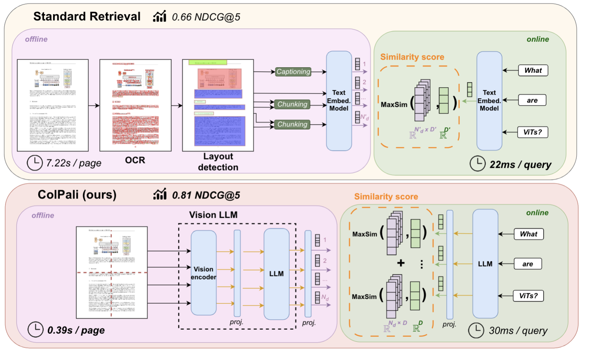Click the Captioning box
pos(293,72)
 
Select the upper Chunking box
pos(292,104)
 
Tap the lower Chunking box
pos(292,124)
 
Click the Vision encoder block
pos(203,273)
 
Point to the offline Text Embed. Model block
pos(338,101)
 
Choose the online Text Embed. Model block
pos(489,101)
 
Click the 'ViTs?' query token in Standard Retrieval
pos(533,132)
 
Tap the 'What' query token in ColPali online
pos(528,234)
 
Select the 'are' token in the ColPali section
pos(528,264)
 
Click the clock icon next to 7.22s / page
pos(35,163)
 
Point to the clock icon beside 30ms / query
pos(476,330)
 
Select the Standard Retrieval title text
pos(87,17)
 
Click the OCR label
pos(135,160)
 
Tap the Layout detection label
pos(218,162)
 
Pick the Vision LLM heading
pos(213,215)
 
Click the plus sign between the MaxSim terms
pos(401,263)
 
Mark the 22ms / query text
pos(520,165)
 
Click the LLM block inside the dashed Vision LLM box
pos(276,274)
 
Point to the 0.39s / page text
pos(76,330)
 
